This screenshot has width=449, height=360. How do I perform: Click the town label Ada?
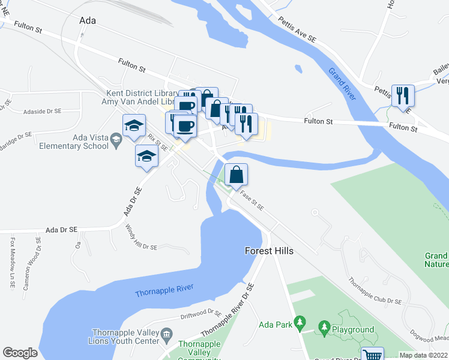(88, 20)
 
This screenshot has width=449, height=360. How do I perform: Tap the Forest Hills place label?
(270, 251)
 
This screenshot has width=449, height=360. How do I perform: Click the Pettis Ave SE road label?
(297, 29)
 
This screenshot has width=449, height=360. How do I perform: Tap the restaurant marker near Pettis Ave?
(402, 95)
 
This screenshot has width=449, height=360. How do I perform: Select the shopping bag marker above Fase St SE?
(237, 175)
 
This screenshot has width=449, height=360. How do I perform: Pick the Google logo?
(20, 352)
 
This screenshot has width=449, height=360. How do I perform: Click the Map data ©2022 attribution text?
(423, 355)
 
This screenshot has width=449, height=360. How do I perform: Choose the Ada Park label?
(275, 325)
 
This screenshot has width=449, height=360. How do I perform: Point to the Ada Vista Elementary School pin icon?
(116, 142)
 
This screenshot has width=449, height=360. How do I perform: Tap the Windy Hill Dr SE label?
(141, 238)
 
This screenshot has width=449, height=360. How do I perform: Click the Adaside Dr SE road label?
(42, 112)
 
